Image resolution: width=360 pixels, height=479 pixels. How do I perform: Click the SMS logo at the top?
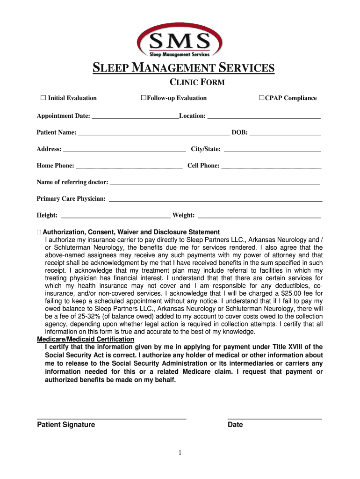(180, 41)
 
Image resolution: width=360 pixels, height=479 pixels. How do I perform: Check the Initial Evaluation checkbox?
(43, 98)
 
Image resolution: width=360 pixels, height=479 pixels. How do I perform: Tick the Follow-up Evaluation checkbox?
(144, 98)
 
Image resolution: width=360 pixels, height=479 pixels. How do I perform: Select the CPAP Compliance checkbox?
(262, 98)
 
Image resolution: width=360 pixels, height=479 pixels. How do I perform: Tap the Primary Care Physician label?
(71, 199)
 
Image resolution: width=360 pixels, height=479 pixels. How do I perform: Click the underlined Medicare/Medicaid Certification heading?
(86, 339)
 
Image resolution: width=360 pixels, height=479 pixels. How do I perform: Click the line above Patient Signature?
(111, 418)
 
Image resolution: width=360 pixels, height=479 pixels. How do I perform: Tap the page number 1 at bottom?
(180, 452)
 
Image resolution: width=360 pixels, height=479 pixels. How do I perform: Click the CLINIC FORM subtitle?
(196, 83)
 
